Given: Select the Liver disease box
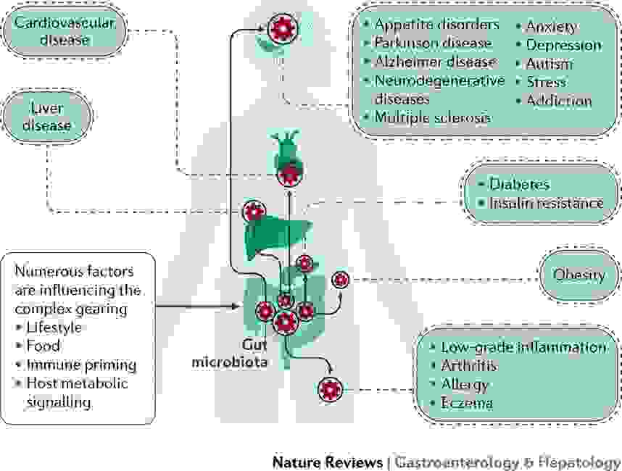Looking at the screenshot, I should coord(48,116).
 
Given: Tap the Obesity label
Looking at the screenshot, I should coord(579,275).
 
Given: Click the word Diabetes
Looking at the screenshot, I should coord(518,185).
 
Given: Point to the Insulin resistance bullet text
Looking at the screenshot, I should coord(545,203).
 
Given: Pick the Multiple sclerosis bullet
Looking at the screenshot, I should coord(432,117).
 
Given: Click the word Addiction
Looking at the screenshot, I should coord(559,101).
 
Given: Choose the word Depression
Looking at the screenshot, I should coord(563,45).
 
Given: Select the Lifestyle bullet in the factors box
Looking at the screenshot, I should coord(54,328).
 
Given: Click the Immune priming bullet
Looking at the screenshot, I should coord(80,364).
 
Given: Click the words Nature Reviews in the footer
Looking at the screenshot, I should coord(327,462).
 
